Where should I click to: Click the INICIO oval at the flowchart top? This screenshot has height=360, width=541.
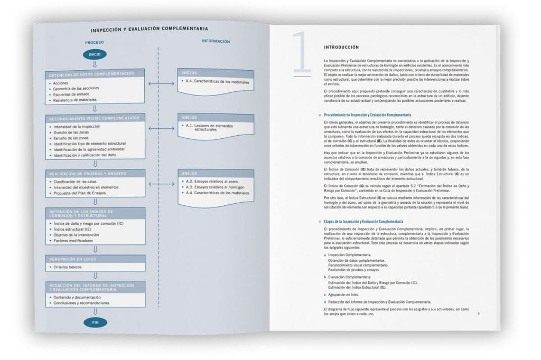[95, 54]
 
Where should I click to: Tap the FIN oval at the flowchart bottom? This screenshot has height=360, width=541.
[95, 321]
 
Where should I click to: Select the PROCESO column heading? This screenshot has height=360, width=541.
[95, 42]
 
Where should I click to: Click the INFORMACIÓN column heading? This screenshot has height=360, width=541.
[216, 41]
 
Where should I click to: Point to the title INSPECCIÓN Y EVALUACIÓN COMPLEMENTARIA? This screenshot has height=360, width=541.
[149, 29]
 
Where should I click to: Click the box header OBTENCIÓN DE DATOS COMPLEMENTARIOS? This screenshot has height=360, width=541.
[91, 74]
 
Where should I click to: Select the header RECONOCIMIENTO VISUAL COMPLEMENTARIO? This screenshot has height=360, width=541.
[94, 118]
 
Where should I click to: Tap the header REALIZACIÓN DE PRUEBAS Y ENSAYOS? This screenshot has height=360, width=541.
[88, 173]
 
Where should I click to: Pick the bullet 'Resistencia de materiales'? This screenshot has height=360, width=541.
[74, 99]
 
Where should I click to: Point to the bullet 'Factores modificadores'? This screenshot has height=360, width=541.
[72, 241]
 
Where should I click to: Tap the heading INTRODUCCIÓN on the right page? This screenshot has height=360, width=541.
[341, 47]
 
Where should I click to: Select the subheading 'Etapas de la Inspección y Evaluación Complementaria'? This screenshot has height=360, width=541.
[363, 222]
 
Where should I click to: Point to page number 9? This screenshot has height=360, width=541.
[478, 314]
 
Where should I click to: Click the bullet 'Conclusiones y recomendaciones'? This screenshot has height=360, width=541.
[81, 303]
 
